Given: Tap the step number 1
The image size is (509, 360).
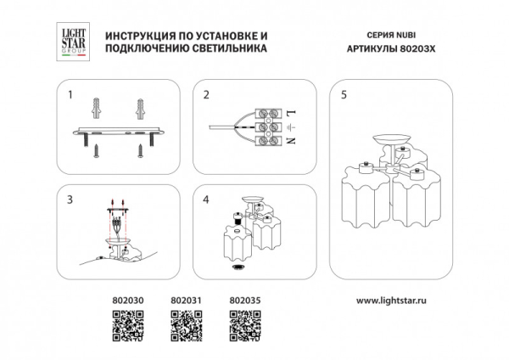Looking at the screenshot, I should (70, 95).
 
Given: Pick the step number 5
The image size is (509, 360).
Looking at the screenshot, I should (343, 95).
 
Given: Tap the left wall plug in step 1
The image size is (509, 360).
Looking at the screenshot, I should (96, 108).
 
